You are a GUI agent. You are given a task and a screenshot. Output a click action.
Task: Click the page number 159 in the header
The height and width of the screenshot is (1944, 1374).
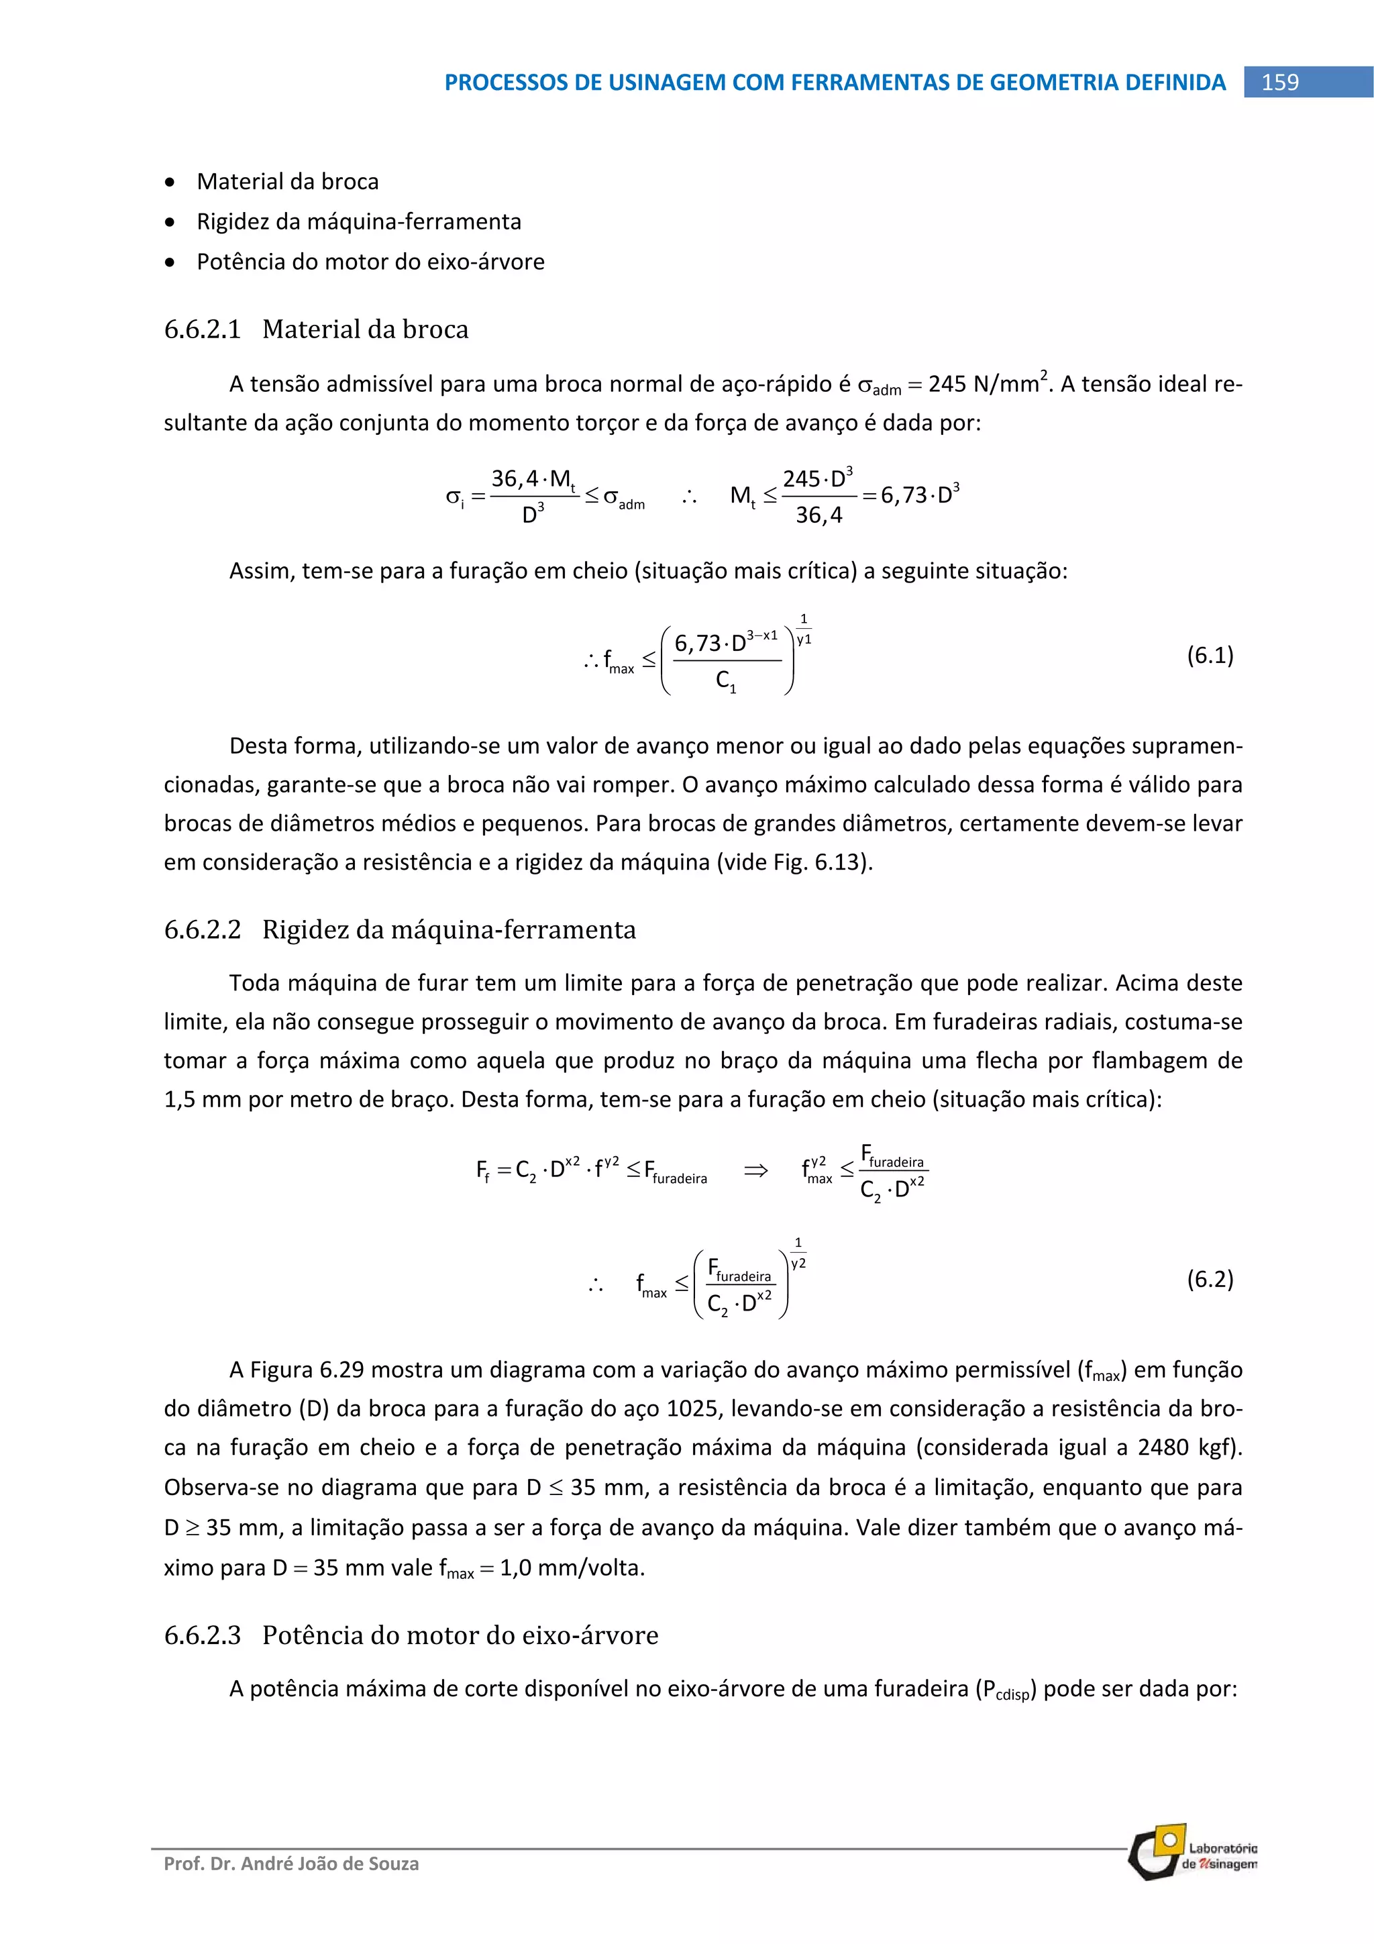click(1279, 82)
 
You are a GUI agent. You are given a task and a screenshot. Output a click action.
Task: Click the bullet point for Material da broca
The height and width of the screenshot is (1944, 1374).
click(172, 182)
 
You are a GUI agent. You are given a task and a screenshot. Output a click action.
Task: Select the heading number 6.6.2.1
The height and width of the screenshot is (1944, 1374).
click(203, 329)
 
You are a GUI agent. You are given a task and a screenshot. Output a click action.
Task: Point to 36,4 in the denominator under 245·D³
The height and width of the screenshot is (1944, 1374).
click(818, 515)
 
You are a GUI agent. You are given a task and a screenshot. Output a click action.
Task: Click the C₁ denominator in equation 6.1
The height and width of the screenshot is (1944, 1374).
click(725, 680)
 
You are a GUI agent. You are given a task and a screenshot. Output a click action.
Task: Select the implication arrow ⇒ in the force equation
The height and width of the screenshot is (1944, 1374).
click(755, 1170)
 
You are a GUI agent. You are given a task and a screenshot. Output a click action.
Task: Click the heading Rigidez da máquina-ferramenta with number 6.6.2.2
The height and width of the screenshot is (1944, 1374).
click(400, 929)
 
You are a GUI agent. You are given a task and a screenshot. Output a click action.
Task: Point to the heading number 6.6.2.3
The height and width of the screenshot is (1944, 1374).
click(203, 1634)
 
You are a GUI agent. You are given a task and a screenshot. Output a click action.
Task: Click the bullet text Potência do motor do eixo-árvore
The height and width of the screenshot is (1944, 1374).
click(370, 262)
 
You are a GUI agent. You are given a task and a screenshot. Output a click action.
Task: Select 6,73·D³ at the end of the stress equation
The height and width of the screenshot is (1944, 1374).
click(919, 495)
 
